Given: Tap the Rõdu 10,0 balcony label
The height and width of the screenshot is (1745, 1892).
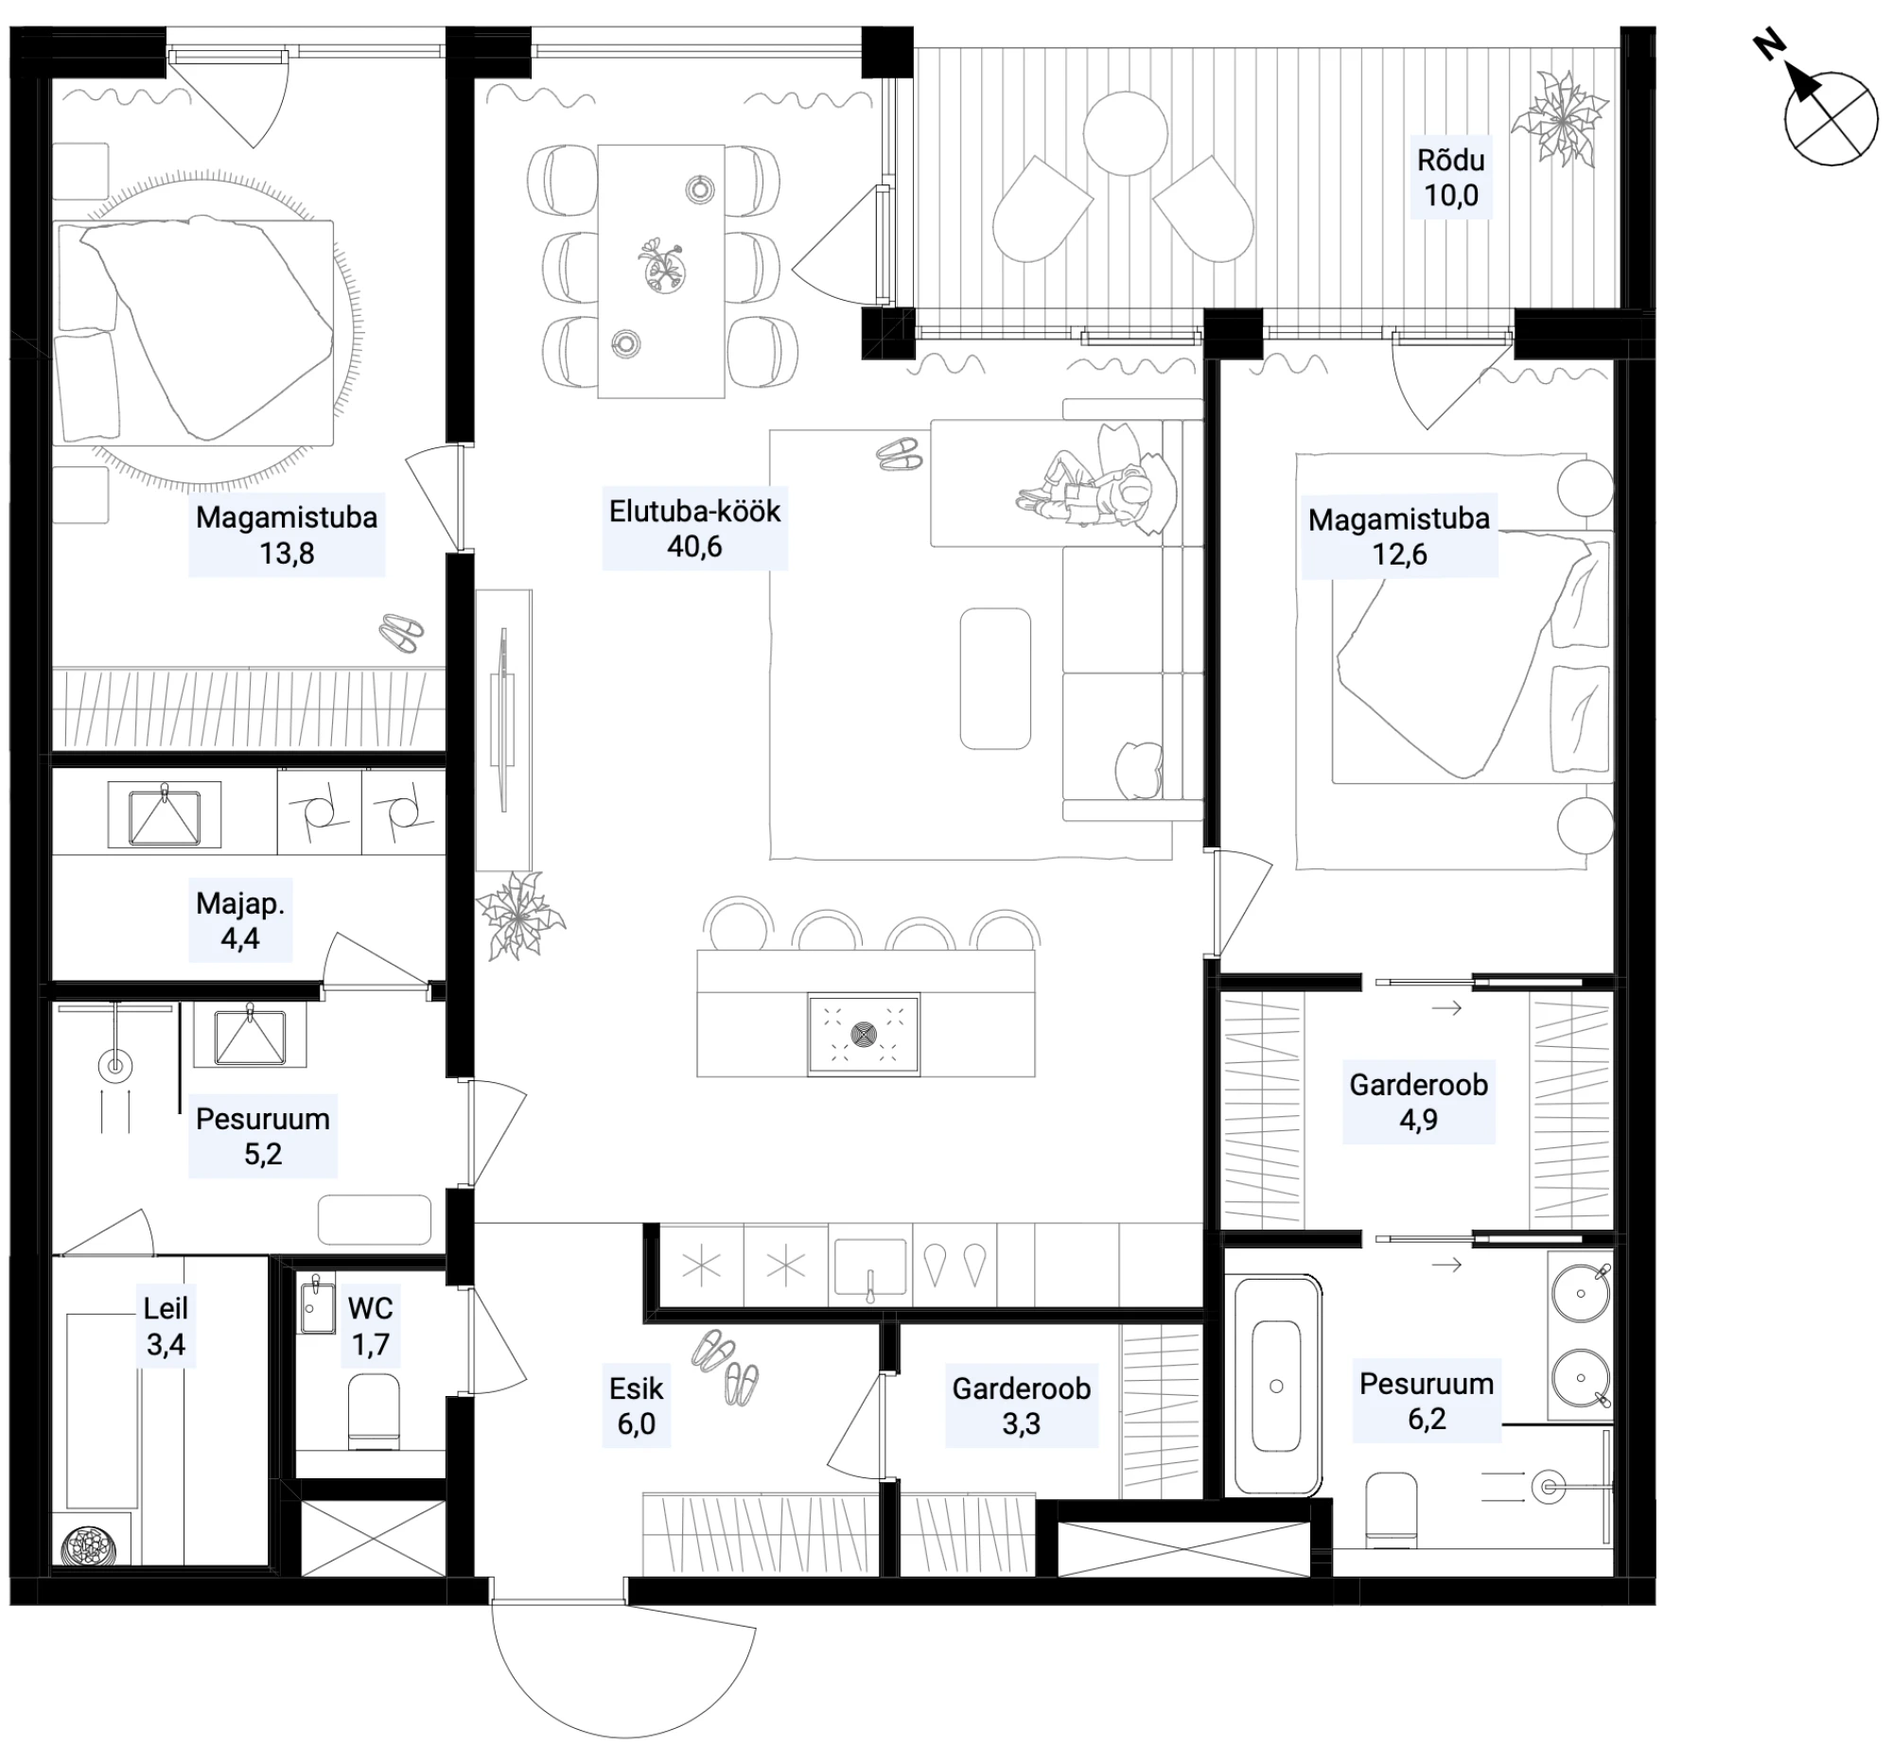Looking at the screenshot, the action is coord(1450,177).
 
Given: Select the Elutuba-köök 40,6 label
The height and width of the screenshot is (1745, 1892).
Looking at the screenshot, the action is coord(694,528).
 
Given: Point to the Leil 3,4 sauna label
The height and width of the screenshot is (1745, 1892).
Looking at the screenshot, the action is coord(166,1326).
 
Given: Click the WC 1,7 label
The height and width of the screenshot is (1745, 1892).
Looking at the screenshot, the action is coord(370,1326).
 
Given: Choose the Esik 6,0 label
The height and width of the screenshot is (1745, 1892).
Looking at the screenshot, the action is coord(636,1405).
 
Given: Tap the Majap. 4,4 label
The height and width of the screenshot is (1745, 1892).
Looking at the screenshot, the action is coord(239,920).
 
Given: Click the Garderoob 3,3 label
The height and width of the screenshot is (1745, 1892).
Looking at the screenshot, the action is coord(1021,1405).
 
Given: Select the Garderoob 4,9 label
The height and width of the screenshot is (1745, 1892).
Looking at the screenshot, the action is coord(1418,1102).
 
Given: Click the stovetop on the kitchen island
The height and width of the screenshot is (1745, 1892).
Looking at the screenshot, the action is coord(864,1034).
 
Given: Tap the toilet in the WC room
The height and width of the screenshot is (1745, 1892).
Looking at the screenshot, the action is coord(374,1412).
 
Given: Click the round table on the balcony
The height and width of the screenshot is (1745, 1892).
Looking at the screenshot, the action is coord(1125,133).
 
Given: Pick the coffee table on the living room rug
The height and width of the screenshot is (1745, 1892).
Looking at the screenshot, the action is coord(995,678).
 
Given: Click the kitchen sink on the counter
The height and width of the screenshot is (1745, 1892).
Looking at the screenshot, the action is coord(868,1267).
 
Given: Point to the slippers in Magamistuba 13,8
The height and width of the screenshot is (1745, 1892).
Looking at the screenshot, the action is coord(402,632).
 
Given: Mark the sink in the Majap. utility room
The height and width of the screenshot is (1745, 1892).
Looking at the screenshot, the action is coord(165,814).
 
